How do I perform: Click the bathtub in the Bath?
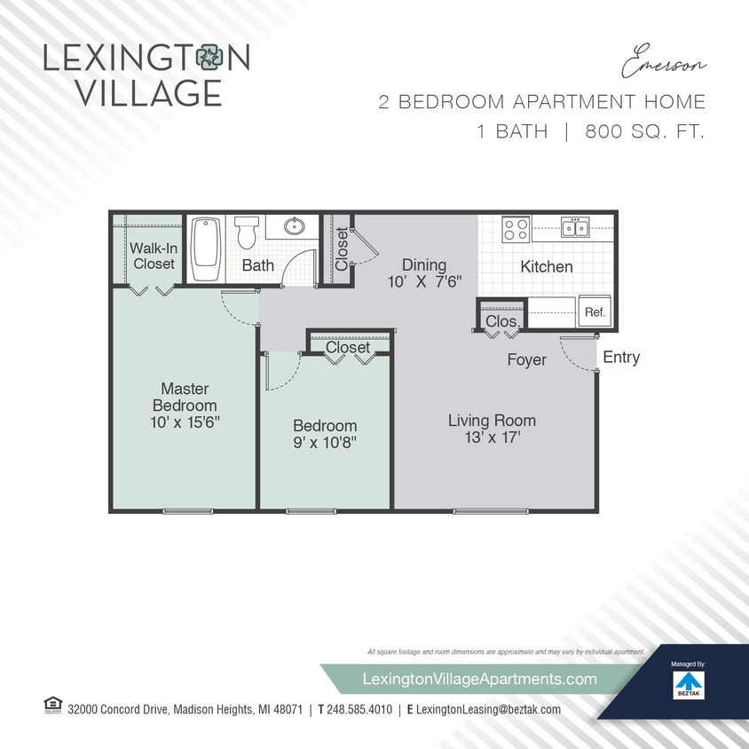(204, 248)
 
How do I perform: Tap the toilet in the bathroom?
(246, 233)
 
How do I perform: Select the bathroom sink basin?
(295, 226)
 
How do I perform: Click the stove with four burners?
(516, 230)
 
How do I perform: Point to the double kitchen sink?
(574, 228)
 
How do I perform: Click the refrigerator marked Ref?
(594, 312)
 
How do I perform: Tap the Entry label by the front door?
(620, 358)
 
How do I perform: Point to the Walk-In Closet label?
(154, 256)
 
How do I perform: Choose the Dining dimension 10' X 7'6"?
(424, 283)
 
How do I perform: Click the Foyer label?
(526, 359)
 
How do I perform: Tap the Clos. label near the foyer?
(501, 320)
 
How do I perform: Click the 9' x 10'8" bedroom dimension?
(325, 442)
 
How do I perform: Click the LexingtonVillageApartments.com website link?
(480, 679)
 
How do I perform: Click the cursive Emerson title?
(664, 65)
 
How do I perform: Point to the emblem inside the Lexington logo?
(213, 58)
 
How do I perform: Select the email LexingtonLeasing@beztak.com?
(488, 710)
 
